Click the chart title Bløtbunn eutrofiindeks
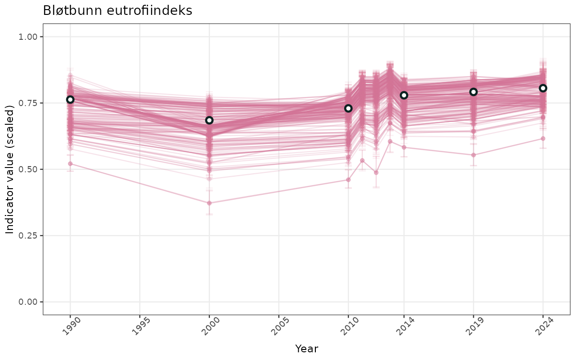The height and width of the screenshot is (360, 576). coord(118,11)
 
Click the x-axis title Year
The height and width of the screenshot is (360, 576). coord(306,348)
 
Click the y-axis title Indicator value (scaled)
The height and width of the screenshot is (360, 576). coord(10,169)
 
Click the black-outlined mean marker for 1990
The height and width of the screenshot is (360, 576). coord(70,99)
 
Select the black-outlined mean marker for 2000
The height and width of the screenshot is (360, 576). coord(209,120)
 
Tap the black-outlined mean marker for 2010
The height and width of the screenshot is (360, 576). coord(348,108)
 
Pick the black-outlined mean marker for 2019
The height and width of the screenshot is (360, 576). coord(473,92)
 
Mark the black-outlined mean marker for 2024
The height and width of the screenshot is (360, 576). coord(543,88)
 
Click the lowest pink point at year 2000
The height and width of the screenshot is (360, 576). coord(209,203)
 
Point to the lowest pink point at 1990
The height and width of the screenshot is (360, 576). coord(70,164)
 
